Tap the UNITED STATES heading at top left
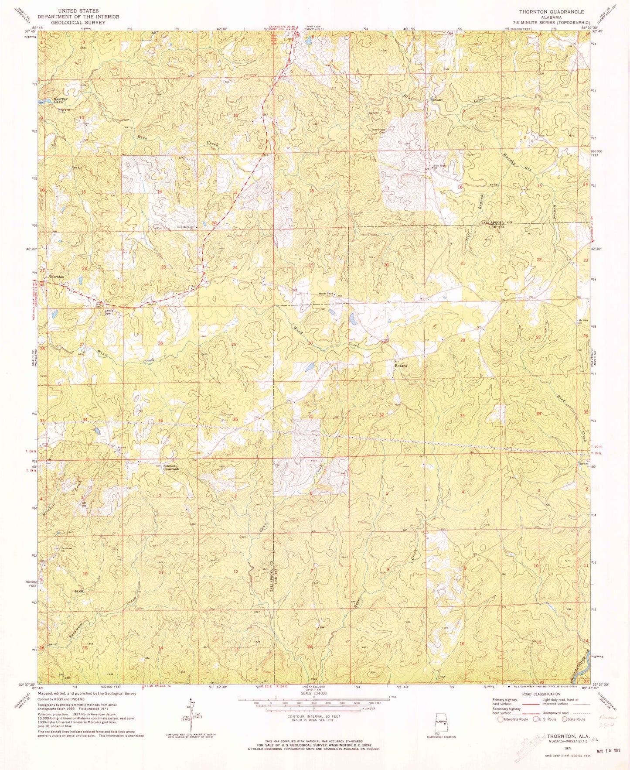tap(78, 10)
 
